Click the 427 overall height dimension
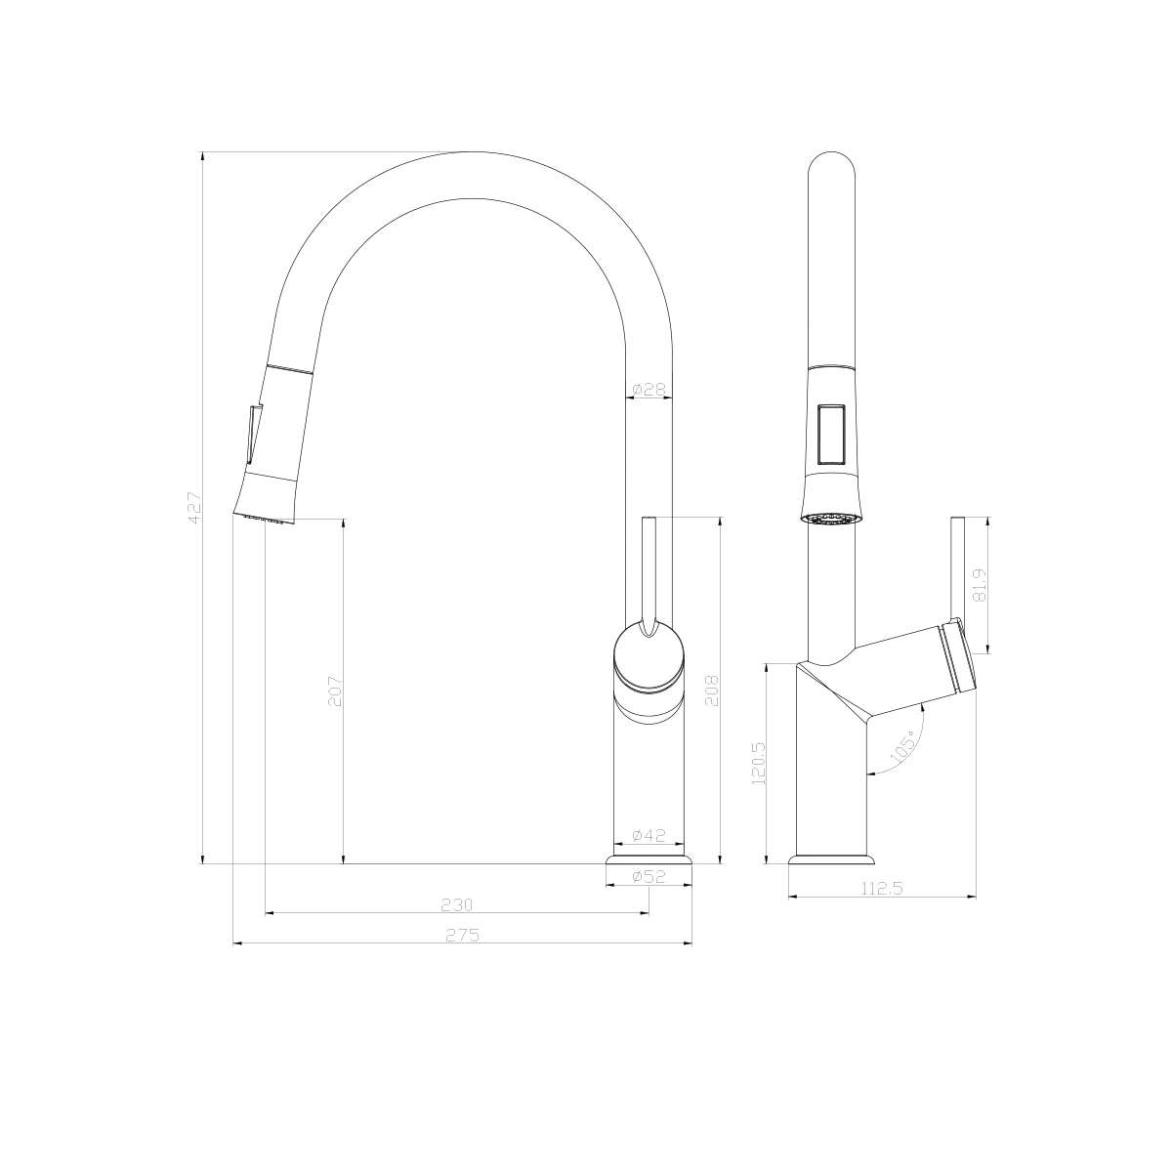pyautogui.click(x=194, y=507)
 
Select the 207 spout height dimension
pyautogui.click(x=335, y=691)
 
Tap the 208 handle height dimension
pyautogui.click(x=712, y=691)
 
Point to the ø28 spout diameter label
pyautogui.click(x=649, y=389)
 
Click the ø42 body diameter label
pyautogui.click(x=649, y=835)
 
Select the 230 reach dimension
pyautogui.click(x=457, y=904)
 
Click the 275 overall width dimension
pyautogui.click(x=463, y=935)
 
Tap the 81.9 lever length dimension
pyautogui.click(x=980, y=584)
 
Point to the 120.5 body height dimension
pyautogui.click(x=759, y=763)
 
